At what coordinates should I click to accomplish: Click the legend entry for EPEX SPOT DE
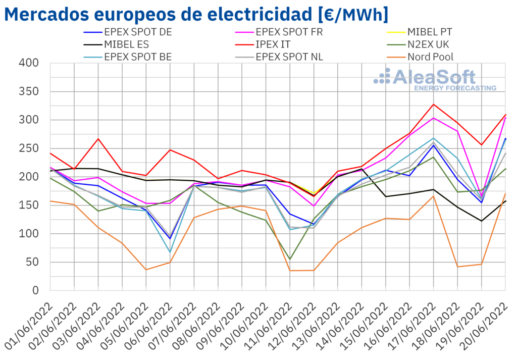(x=138, y=32)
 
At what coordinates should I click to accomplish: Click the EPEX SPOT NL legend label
(x=290, y=57)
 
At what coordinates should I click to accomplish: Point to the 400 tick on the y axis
(x=29, y=63)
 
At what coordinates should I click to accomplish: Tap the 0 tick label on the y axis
(x=35, y=290)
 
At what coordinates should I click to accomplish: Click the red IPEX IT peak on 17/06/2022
(x=433, y=105)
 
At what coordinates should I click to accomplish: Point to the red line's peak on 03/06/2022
(x=98, y=138)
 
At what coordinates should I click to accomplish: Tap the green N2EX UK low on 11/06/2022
(x=290, y=260)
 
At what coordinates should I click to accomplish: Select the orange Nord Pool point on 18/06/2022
(x=457, y=267)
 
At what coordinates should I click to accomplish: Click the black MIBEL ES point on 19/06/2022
(x=481, y=221)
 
